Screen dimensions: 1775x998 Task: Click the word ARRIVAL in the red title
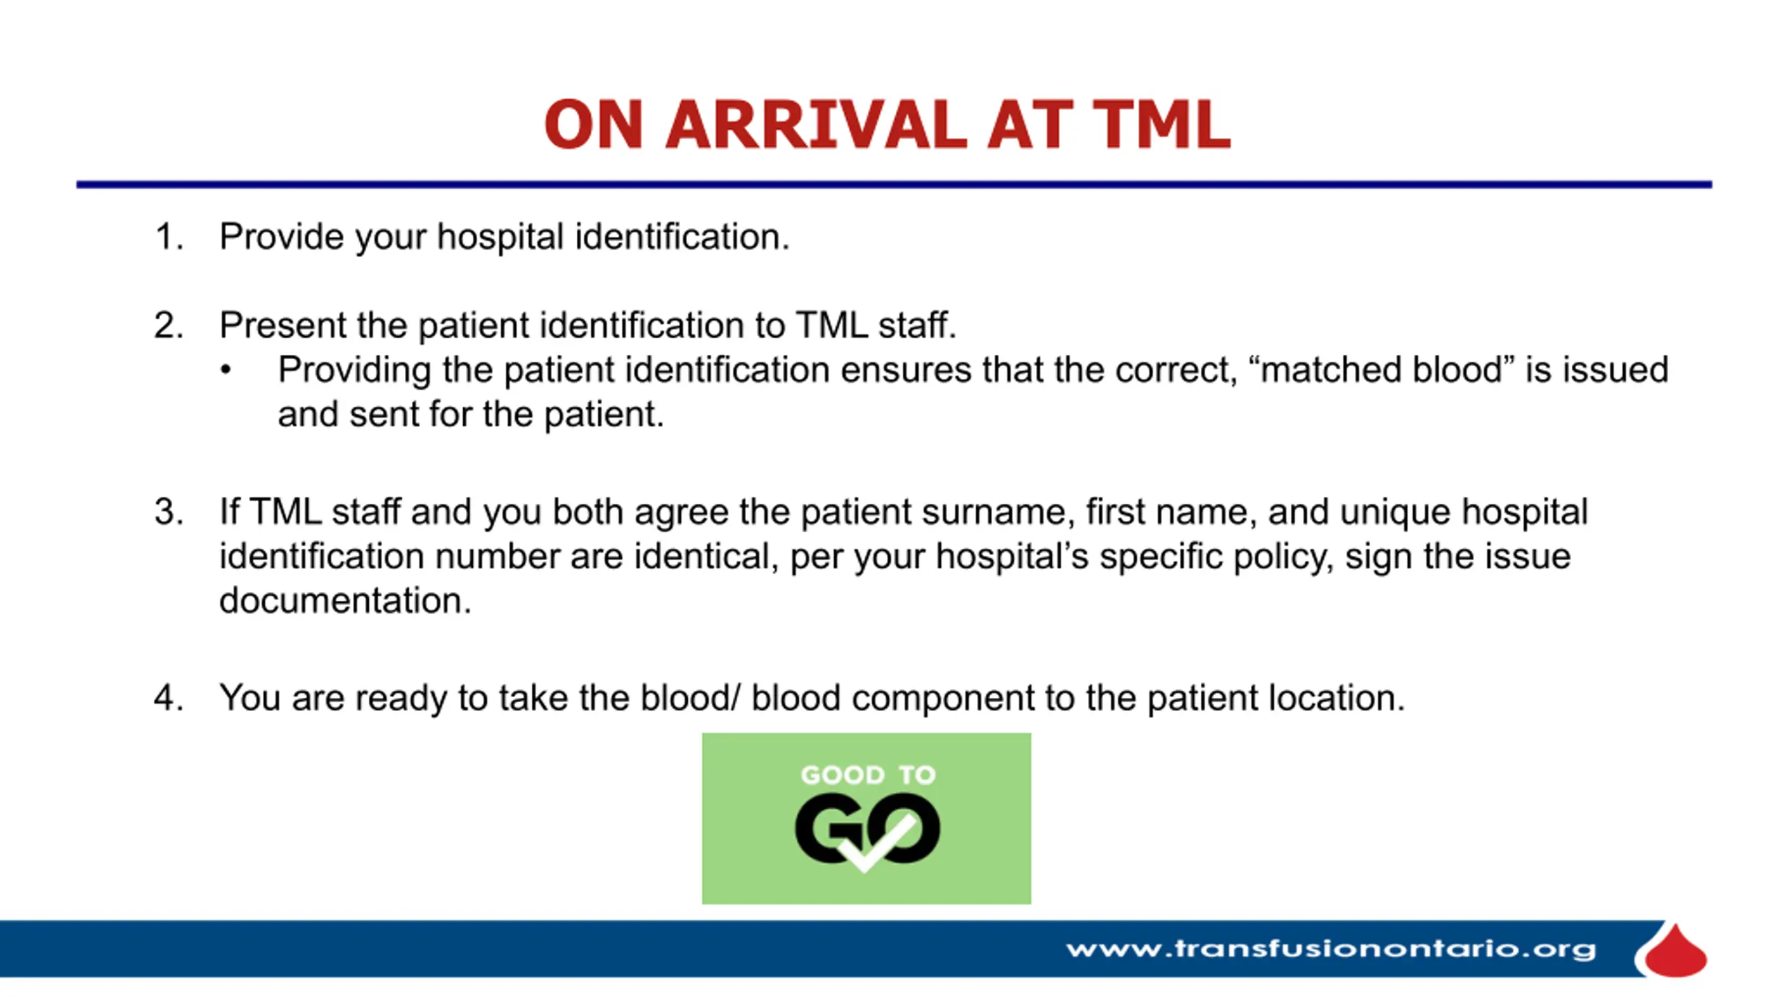click(816, 125)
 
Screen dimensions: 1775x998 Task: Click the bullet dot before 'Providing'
click(225, 370)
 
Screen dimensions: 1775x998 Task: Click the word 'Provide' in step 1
click(282, 237)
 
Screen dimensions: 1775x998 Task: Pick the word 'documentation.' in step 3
click(345, 600)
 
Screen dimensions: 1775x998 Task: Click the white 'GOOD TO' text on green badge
click(868, 775)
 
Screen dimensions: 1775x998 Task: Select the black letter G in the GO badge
click(829, 829)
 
